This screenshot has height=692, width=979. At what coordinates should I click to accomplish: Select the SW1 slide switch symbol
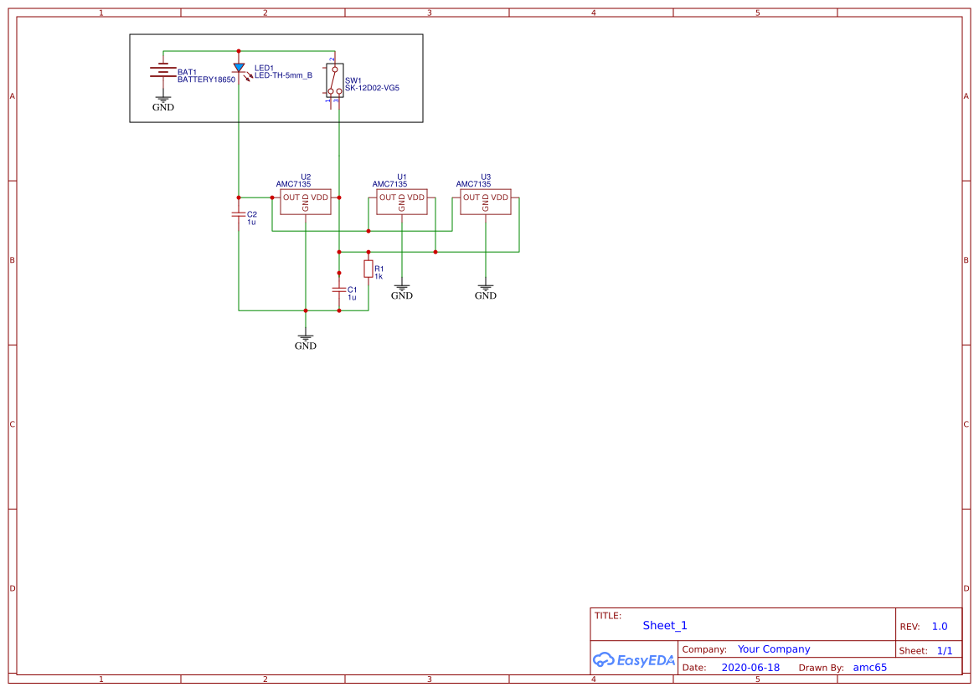333,81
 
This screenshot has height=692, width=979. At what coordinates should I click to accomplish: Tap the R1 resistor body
368,269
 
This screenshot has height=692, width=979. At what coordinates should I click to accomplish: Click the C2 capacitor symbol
239,214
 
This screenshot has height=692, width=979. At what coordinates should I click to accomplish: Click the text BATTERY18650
206,79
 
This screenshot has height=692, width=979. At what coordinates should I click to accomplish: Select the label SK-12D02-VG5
372,87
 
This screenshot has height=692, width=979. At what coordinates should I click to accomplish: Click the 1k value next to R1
379,276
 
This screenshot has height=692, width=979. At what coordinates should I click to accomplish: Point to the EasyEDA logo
634,659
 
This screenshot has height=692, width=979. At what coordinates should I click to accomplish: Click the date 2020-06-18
750,668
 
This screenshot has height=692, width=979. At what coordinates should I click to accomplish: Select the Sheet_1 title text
665,625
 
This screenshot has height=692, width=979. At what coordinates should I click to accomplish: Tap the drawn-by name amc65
869,668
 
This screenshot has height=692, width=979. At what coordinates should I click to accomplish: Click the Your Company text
774,649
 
